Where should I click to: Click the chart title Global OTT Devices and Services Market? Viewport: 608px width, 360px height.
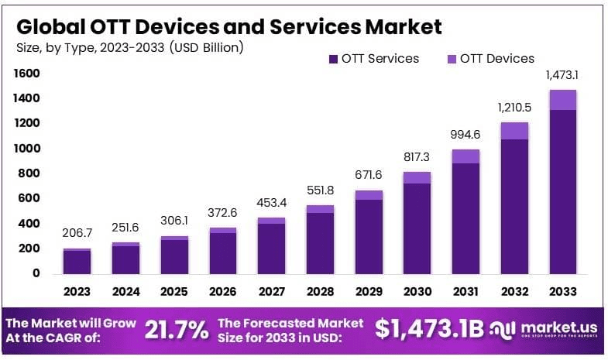229,26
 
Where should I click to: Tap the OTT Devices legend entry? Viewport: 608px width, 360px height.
490,59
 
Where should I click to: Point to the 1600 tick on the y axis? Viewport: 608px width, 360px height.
27,74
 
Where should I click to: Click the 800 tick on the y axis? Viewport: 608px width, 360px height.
30,173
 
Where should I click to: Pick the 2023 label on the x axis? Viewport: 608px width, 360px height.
77,292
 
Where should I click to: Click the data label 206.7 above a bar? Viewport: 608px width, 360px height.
77,232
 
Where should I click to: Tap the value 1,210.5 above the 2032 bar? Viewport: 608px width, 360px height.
514,106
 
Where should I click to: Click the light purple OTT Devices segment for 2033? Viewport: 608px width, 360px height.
562,100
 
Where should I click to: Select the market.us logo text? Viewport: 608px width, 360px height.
555,327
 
